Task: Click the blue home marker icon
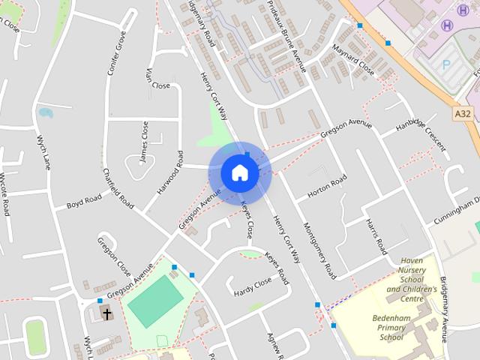[239, 172]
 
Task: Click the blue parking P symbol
[448, 66]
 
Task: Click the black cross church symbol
[107, 313]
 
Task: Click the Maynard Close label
[352, 60]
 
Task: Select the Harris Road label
[375, 235]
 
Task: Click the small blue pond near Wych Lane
[46, 114]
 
